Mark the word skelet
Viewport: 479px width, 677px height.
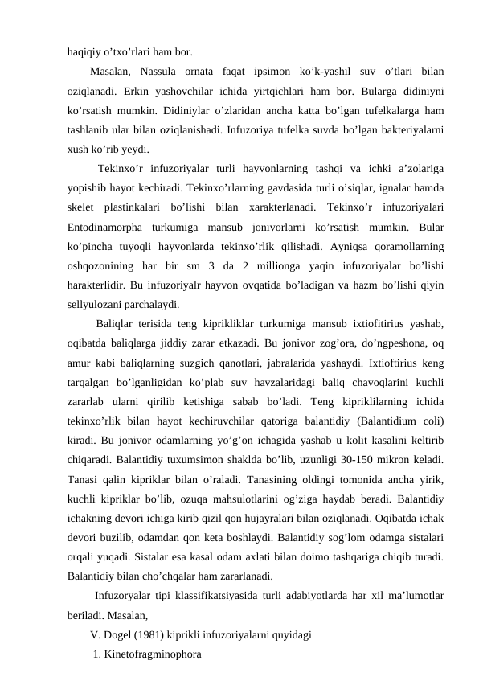pos(84,207)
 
